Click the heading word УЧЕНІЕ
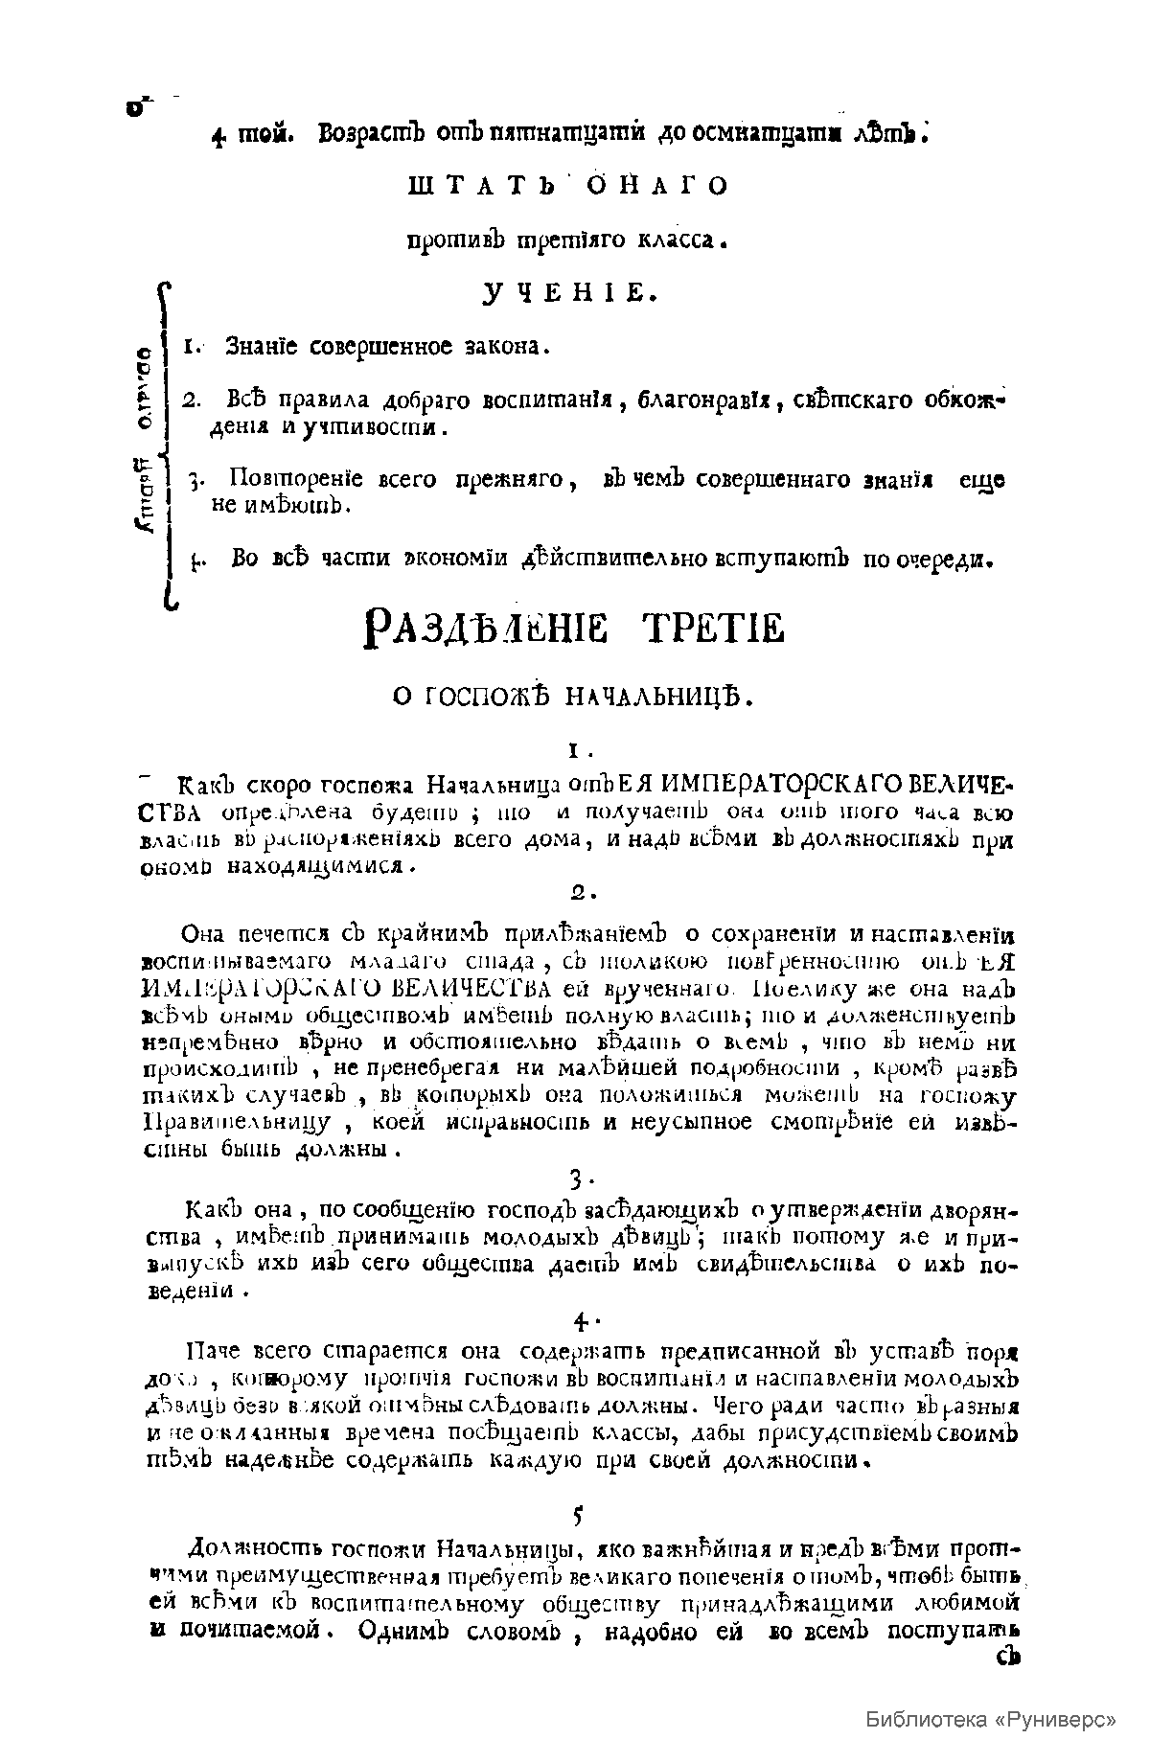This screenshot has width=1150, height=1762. coord(569,293)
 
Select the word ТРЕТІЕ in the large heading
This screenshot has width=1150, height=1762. coord(715,629)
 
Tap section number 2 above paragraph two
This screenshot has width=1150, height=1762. coord(583,893)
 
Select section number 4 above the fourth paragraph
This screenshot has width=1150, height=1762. coord(582,1322)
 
